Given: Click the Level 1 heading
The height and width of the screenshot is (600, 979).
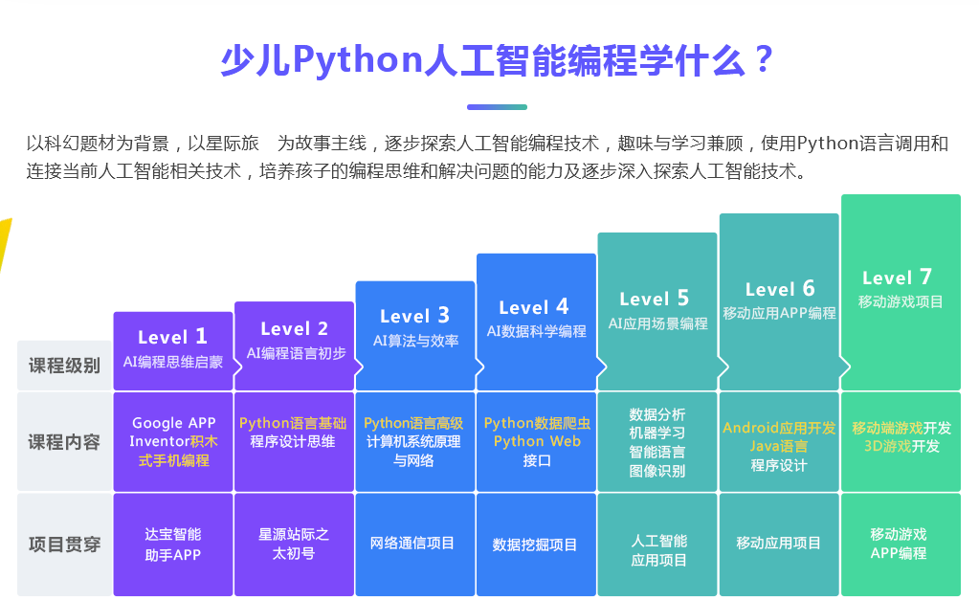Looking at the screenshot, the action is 172,337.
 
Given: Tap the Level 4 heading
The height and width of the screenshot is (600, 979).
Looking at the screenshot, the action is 534,307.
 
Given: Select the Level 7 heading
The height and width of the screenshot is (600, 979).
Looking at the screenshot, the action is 898,278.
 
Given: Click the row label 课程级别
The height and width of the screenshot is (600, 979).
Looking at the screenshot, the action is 64,366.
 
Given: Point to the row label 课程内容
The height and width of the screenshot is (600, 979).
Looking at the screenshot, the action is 64,443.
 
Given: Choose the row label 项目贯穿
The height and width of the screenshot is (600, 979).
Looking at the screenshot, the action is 64,544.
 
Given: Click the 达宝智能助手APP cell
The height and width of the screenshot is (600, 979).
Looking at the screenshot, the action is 173,544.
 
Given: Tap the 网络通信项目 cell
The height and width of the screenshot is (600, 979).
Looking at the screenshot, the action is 412,544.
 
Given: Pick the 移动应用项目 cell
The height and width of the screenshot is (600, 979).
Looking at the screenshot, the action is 779,544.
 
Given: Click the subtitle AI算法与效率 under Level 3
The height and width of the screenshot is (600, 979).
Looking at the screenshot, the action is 416,341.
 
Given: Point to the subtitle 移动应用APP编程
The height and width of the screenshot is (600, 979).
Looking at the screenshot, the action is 779,314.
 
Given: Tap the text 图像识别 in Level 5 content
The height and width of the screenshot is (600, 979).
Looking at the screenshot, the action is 657,471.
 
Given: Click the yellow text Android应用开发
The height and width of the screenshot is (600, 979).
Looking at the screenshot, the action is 779,429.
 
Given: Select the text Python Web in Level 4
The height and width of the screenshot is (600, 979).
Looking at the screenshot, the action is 537,441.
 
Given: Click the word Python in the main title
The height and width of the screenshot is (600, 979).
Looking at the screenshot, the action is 358,60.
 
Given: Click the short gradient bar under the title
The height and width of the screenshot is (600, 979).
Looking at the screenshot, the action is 497,107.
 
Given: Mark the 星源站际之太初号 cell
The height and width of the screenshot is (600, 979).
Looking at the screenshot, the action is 294,544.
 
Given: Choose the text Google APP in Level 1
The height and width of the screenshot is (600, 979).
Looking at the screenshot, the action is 174,423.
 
